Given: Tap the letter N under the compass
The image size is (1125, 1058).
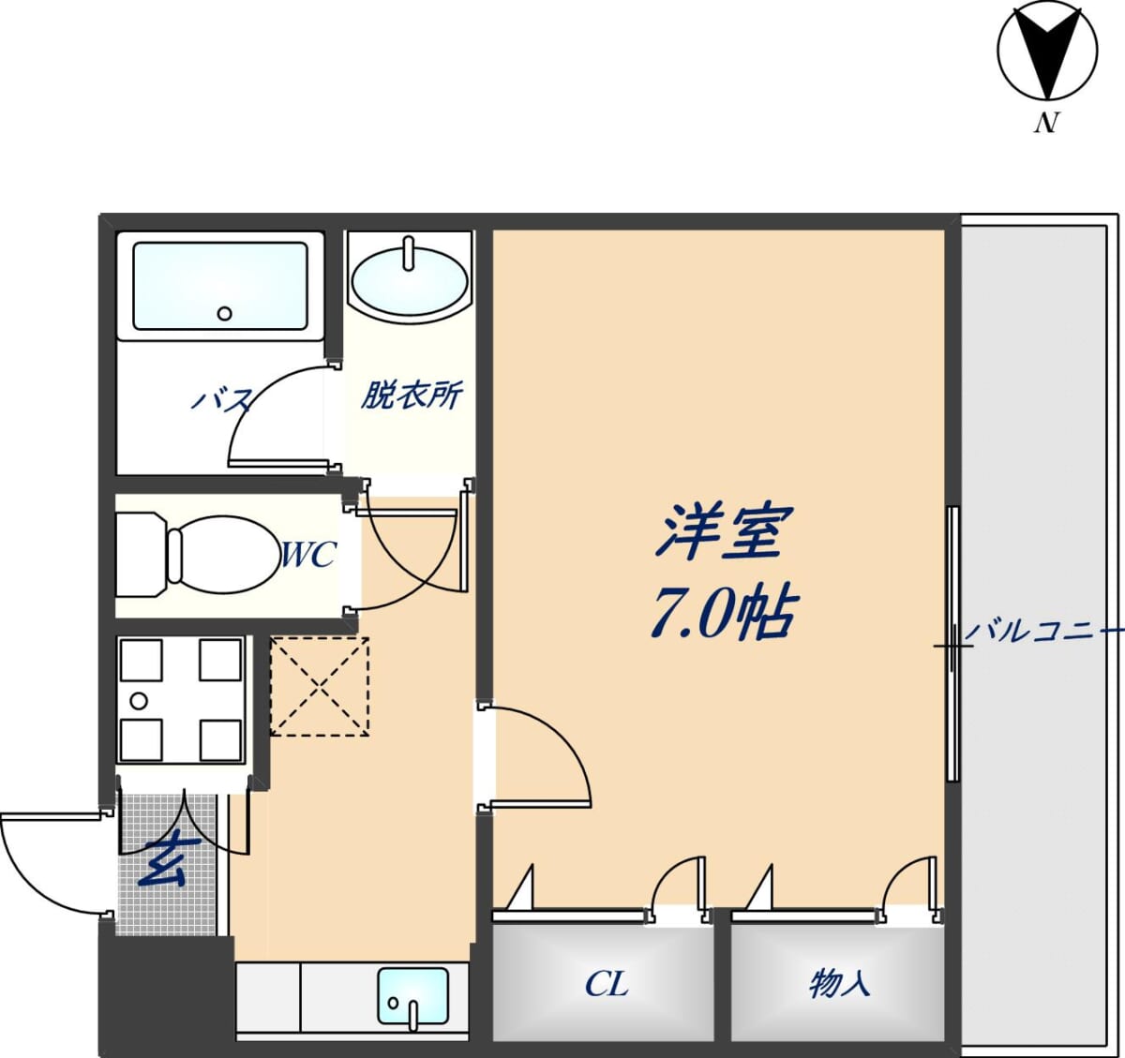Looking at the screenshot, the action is coord(1045,123).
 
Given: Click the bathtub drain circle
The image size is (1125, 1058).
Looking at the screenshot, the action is coord(225,313).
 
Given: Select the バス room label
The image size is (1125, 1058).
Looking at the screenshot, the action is coord(221,400).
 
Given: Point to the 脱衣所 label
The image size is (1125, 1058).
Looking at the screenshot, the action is coord(412,395).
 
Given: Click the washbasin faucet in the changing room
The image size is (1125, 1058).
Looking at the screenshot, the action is coord(409,254).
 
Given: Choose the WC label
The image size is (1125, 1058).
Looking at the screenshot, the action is coord(308,554).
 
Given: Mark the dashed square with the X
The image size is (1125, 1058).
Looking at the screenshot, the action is coord(320,687).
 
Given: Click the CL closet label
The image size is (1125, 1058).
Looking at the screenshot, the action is coord(607,984).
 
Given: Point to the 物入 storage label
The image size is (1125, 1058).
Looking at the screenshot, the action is coord(839,983).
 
